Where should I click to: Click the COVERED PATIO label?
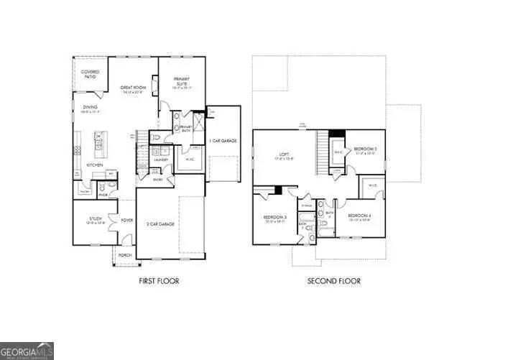[90, 73]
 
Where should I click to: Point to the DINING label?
[89, 108]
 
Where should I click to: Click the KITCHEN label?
[96, 165]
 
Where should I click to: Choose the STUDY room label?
[96, 220]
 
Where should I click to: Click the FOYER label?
[126, 221]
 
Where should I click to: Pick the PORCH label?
[124, 254]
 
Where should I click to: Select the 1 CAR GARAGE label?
[223, 141]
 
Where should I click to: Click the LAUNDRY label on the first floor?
[160, 160]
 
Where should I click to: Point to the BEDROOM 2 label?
[365, 149]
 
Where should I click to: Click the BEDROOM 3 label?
[274, 218]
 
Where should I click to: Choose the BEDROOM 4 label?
[359, 216]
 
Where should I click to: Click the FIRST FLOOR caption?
[159, 281]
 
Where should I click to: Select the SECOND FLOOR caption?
[333, 281]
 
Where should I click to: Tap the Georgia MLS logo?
[27, 350]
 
